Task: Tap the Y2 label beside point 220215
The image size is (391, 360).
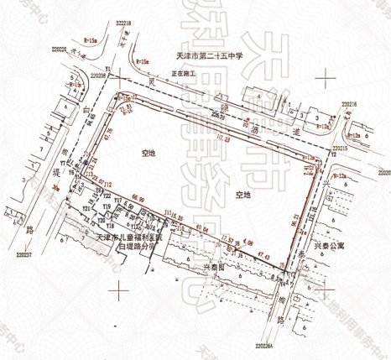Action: point(333,155)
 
